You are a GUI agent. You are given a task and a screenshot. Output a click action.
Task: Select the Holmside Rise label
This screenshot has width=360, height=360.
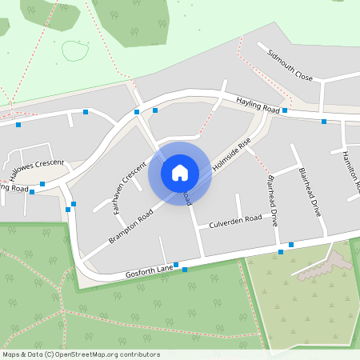point(232,154)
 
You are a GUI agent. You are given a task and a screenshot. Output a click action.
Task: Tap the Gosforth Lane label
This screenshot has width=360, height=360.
point(149,272)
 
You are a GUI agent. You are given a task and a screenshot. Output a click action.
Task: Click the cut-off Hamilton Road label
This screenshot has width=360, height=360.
point(351,170)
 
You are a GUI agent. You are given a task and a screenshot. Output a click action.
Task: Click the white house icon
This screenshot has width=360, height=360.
point(180,172)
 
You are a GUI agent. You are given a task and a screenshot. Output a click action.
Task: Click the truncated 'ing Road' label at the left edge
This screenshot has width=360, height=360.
point(14,188)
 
